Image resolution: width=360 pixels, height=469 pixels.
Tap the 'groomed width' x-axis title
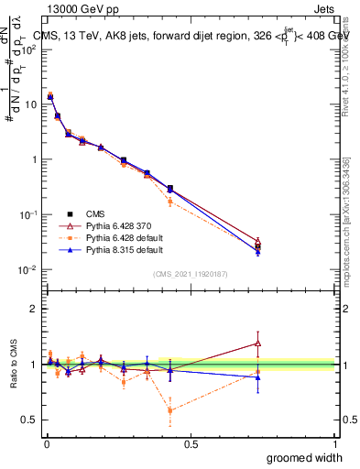(x=300, y=456)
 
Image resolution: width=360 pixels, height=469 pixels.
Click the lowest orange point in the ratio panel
(x=170, y=409)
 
